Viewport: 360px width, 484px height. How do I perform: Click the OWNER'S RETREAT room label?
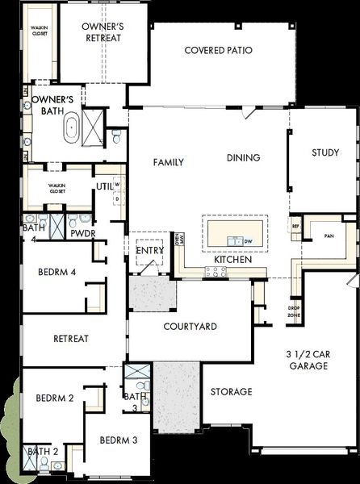103,33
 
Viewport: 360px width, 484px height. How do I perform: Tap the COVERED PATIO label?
218,50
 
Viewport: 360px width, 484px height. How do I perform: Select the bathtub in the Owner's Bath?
72,127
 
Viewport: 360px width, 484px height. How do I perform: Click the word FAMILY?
169,162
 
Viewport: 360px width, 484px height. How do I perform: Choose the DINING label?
243,158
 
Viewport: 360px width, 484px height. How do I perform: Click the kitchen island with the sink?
237,232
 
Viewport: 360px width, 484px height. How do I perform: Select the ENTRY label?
149,251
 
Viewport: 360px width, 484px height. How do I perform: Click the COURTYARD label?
190,327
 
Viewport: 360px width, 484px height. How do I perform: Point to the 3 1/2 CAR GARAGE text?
308,360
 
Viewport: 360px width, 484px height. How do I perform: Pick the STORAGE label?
232,392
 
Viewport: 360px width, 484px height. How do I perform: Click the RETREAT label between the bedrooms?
71,339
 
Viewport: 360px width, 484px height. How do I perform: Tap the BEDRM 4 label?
57,273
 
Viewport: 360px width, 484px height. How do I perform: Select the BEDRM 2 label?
55,398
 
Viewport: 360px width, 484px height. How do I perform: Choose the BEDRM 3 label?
119,440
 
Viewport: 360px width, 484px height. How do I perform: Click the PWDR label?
83,233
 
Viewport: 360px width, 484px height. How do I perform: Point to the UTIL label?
104,186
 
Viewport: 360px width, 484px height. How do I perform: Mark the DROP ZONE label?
295,311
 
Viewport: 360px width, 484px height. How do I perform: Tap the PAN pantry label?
329,236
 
